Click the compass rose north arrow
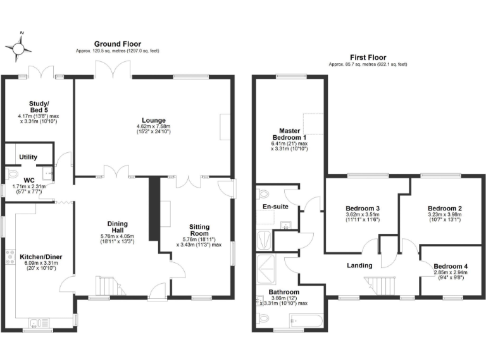pos(19,46)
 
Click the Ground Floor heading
pos(118,44)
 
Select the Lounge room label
pos(153,120)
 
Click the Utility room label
pos(28,157)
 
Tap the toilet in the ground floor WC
pos(11,174)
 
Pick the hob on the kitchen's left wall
pos(10,256)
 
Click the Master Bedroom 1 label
pos(289,134)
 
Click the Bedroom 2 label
pos(444,209)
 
